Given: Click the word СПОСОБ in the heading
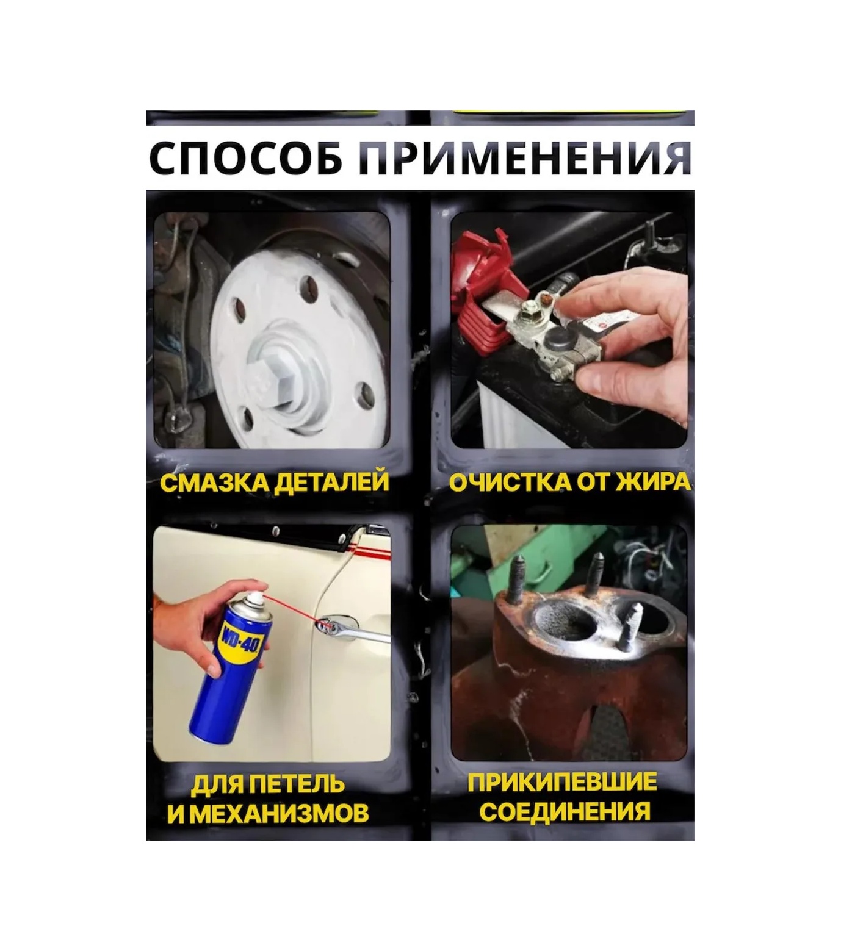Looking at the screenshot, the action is pyautogui.click(x=246, y=159).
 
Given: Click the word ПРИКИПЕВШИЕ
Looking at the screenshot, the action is pyautogui.click(x=563, y=783).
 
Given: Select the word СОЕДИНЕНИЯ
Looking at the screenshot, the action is pyautogui.click(x=565, y=812).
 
